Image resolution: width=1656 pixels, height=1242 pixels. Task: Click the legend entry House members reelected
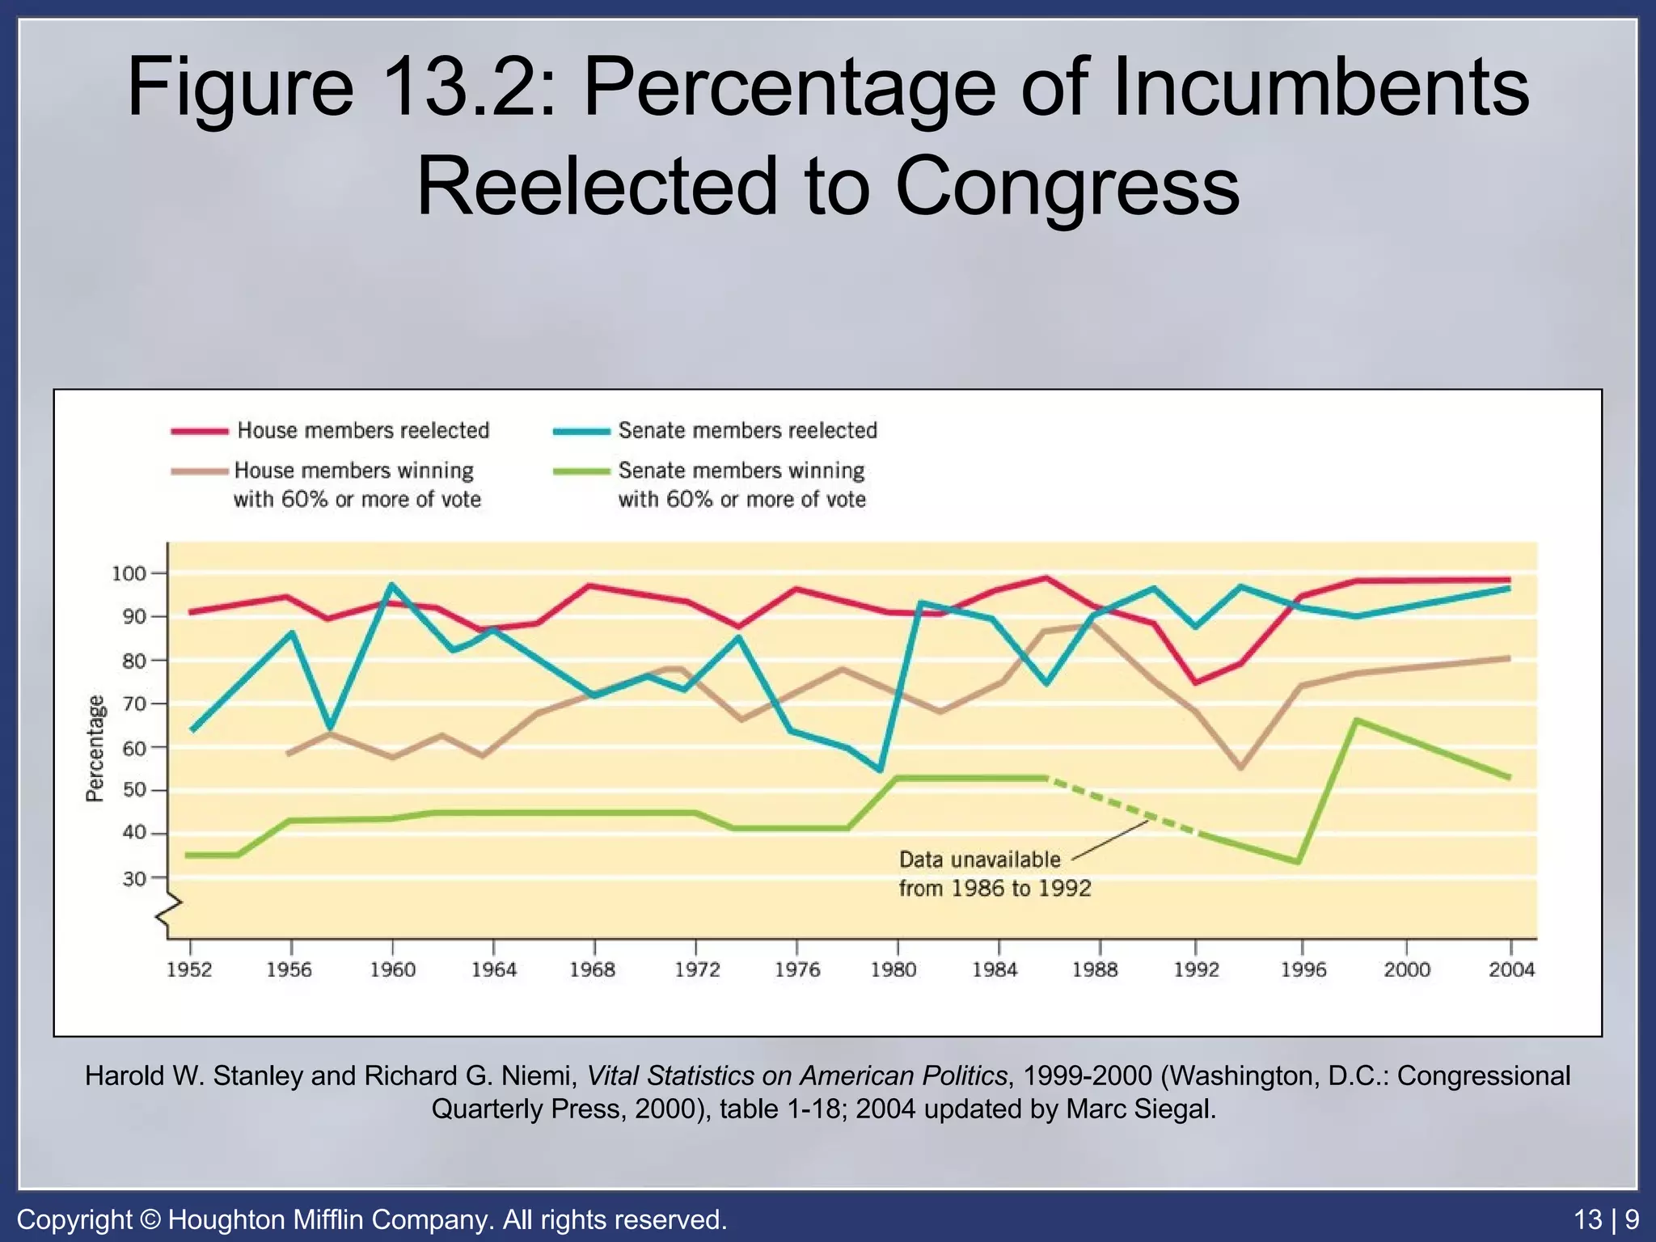pos(363,430)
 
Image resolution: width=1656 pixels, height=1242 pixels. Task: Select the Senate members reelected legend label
pos(747,430)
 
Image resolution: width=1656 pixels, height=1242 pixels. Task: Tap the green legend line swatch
pos(581,471)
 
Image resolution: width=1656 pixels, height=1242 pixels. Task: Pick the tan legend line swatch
pos(199,471)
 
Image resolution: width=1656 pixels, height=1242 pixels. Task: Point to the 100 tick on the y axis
pos(129,574)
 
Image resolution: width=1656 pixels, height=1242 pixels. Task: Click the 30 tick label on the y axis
pos(134,878)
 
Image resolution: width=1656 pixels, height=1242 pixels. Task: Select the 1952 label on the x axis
pos(189,970)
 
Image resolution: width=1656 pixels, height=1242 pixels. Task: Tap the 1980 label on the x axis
pos(893,970)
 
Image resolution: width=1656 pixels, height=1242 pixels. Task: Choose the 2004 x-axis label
pos(1511,970)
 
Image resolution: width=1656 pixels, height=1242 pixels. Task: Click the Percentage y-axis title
pos(95,748)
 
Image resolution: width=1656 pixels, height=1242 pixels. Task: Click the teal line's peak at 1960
pos(392,585)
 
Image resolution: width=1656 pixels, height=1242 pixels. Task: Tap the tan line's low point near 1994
pos(1241,767)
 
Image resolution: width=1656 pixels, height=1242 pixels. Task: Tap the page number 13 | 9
pos(1607,1219)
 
